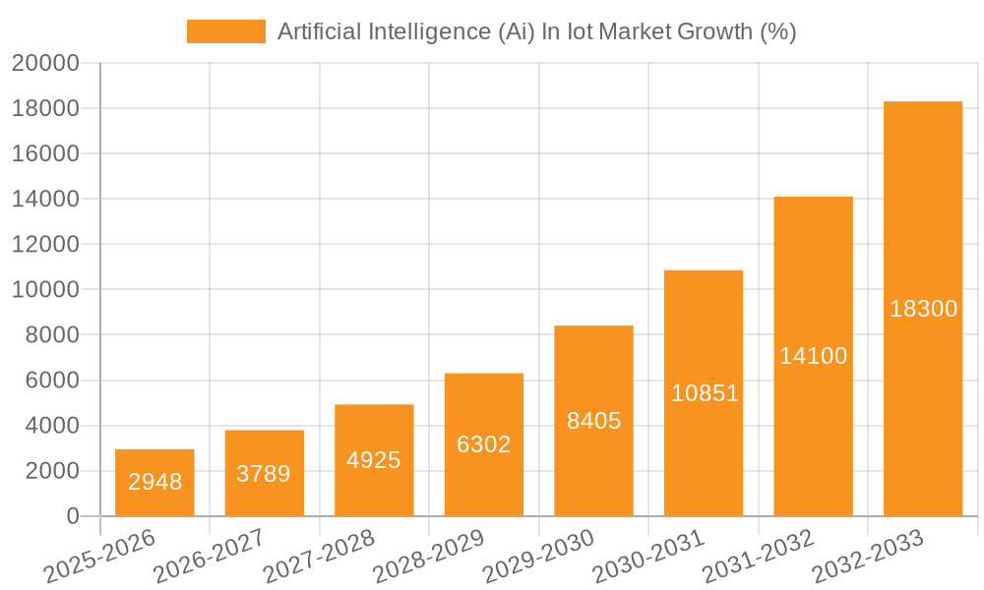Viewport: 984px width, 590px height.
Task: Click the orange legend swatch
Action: click(225, 31)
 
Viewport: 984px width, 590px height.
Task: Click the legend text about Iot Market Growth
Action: click(536, 31)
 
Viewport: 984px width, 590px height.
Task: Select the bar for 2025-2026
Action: click(154, 483)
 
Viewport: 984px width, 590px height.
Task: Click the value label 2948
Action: click(154, 482)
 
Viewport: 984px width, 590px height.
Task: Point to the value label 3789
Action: click(264, 474)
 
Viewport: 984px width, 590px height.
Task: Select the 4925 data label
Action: click(374, 460)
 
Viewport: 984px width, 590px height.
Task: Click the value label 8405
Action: click(593, 421)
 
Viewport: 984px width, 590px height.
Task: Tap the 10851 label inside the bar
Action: click(705, 393)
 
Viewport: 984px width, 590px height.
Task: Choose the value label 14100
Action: click(813, 356)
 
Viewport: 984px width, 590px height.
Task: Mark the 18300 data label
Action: click(923, 309)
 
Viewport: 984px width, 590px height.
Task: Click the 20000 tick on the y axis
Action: click(45, 64)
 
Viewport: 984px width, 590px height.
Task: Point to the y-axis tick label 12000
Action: click(45, 245)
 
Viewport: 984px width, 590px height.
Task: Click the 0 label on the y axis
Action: click(72, 516)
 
